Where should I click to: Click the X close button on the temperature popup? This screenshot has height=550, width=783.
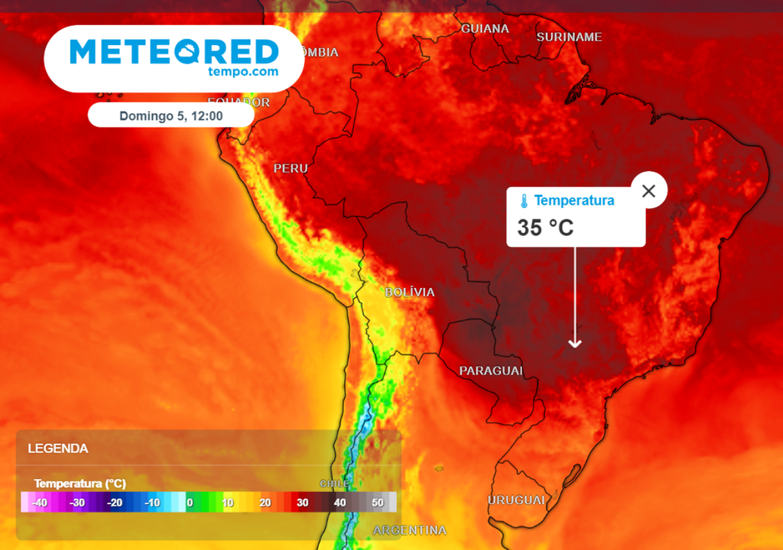point(648,191)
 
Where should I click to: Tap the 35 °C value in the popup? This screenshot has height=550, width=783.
point(545,228)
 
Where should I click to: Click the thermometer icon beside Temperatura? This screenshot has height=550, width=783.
point(525,202)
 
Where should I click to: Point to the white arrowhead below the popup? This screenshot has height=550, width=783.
point(574,343)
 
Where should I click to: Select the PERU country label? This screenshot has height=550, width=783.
point(291,168)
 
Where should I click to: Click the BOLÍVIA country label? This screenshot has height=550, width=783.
point(409,292)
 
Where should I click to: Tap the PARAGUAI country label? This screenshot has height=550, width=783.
point(491,370)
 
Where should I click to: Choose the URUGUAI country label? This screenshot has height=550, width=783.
point(516,500)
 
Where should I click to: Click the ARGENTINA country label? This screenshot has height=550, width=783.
point(409,530)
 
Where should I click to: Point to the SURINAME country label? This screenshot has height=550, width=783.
point(569,37)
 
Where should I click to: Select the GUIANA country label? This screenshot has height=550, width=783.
point(485,28)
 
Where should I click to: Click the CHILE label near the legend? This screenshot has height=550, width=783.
point(334,484)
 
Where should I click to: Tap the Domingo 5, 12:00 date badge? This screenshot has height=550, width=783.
point(171,115)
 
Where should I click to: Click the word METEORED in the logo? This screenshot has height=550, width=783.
point(174,51)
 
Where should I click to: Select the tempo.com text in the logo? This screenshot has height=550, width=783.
point(242,72)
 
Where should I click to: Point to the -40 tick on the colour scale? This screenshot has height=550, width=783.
point(40,502)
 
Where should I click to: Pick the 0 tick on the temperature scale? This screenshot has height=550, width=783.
point(190,502)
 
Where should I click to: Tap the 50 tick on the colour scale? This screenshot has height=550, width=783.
point(378,502)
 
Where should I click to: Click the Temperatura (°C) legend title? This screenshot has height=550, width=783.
point(80,484)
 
